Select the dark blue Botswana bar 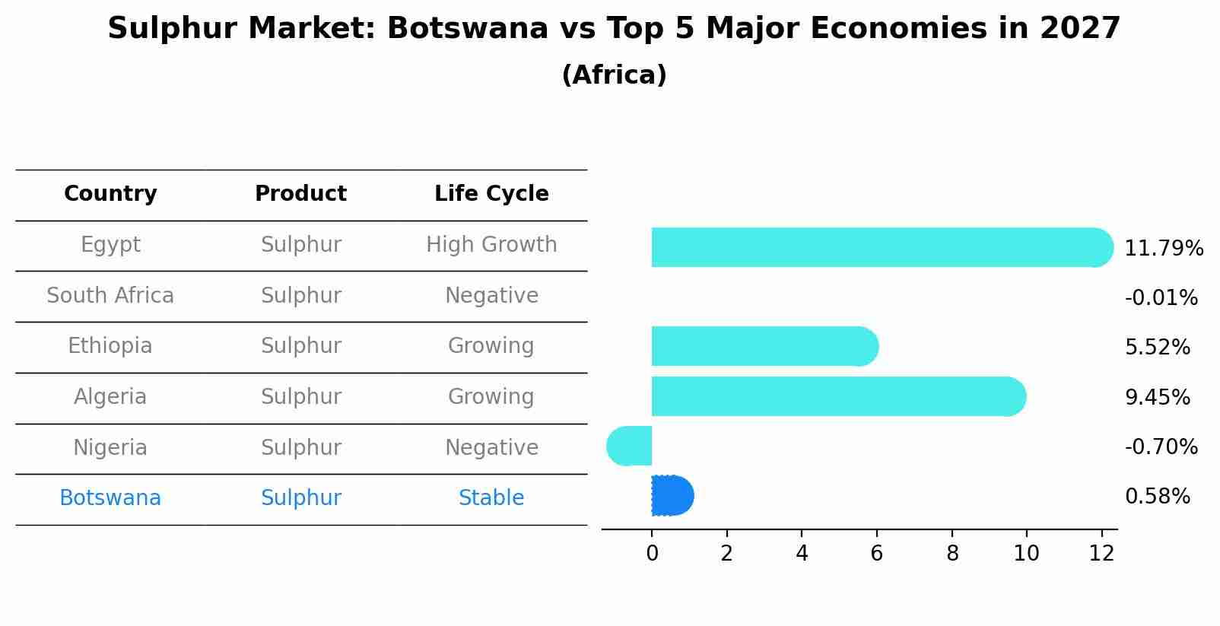672,496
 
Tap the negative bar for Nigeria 630,446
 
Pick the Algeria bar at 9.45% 837,396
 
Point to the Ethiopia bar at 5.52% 764,346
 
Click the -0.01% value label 1161,297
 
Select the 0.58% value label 1157,497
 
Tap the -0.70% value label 1161,446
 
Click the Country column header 110,194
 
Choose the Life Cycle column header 491,194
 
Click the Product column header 300,194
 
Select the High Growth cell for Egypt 491,245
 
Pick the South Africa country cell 110,296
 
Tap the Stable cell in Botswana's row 491,498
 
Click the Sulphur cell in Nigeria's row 300,448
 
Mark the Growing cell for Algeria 491,397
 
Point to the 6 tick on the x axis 876,554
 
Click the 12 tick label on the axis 1101,554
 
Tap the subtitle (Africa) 614,75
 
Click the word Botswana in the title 467,29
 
